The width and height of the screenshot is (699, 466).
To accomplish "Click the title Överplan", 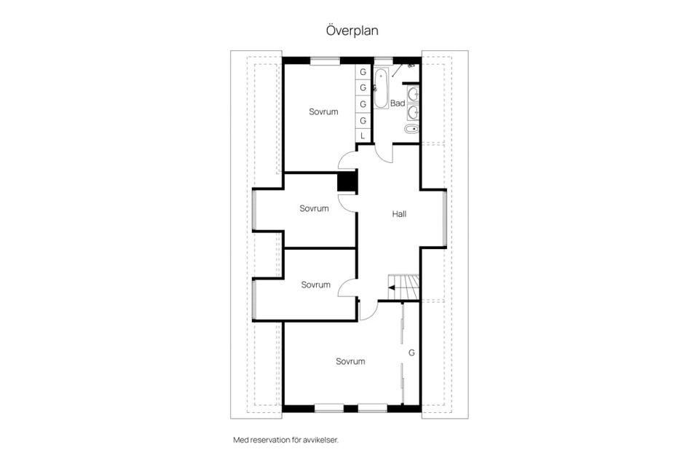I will (x=352, y=31).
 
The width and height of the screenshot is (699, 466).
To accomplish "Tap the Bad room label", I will (x=398, y=103).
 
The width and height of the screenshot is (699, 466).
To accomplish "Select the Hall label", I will (x=399, y=214).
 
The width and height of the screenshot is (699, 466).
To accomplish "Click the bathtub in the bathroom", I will (x=382, y=89).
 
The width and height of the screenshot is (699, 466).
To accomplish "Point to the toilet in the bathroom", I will (x=412, y=130).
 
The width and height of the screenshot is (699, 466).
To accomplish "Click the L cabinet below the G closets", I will (x=363, y=136).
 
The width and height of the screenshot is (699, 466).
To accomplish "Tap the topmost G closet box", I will (x=363, y=73).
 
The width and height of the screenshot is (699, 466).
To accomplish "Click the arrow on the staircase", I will (x=392, y=288).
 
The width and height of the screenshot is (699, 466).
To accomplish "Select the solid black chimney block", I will (x=347, y=181).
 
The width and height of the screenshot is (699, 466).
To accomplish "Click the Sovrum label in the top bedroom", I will (x=323, y=111).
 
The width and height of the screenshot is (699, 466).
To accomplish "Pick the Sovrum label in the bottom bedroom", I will (x=350, y=361).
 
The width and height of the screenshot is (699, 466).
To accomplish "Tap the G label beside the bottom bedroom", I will (x=411, y=352).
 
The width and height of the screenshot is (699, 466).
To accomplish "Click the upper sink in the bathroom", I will (x=414, y=93).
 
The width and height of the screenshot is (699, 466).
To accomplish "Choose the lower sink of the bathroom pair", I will (x=414, y=111).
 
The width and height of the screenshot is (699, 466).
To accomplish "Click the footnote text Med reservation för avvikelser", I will (x=285, y=440).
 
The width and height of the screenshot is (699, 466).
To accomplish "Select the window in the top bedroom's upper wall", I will (x=325, y=61).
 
